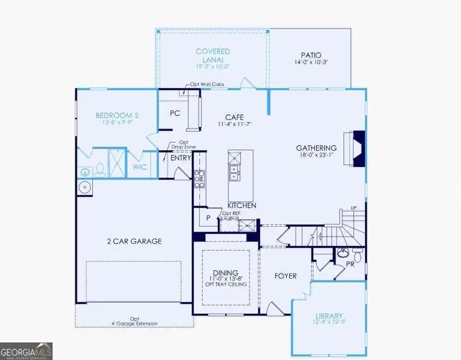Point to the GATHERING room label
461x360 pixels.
[x=316, y=148]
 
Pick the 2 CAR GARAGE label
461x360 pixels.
[x=134, y=241]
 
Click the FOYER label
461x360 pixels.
[x=285, y=276]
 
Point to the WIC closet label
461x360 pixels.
[x=139, y=167]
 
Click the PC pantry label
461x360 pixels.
[x=174, y=113]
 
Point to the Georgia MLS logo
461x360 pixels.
[x=26, y=351]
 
